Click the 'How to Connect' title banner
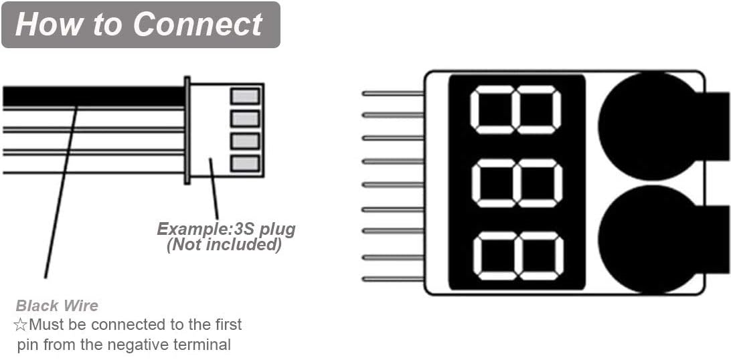(x=141, y=25)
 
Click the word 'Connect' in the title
(x=197, y=25)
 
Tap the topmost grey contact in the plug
(x=245, y=96)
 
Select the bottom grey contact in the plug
(x=245, y=163)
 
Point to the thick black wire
(x=94, y=97)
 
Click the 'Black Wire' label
(x=57, y=306)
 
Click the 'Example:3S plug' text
(x=226, y=230)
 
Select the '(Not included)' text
(x=224, y=245)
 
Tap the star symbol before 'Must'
(x=20, y=326)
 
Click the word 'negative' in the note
(x=149, y=345)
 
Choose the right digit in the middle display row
(x=540, y=183)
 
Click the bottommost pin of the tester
(x=392, y=279)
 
